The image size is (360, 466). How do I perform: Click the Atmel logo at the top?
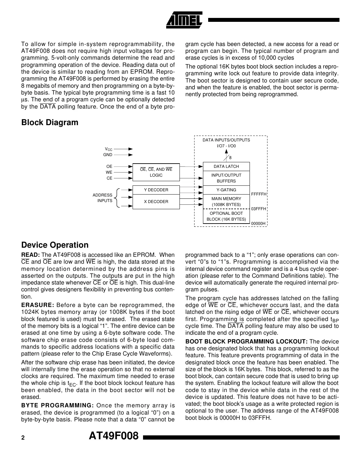(185, 20)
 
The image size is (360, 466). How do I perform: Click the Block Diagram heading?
(50, 123)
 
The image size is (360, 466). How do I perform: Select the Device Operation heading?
(55, 245)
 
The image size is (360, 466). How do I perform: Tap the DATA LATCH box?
(226, 167)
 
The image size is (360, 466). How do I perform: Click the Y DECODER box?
(156, 190)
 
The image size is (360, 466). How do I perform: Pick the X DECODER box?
(156, 202)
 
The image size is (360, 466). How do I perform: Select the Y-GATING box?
(226, 190)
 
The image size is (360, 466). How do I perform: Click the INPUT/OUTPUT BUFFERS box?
(226, 178)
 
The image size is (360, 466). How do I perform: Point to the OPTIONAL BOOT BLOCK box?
(226, 216)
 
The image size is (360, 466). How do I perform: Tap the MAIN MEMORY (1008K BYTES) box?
(226, 201)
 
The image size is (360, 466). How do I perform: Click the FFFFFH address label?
(259, 194)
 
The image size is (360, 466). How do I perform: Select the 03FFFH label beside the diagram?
(259, 209)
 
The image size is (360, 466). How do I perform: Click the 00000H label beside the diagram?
(258, 224)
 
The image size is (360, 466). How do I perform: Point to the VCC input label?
(108, 149)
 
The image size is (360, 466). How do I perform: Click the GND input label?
(108, 155)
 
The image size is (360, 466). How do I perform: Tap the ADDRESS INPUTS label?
(103, 198)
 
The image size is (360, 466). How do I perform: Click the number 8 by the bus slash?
(230, 158)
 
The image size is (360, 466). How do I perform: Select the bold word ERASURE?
(37, 305)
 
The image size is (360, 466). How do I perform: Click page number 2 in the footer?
(23, 438)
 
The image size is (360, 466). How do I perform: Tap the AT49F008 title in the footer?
(114, 436)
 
